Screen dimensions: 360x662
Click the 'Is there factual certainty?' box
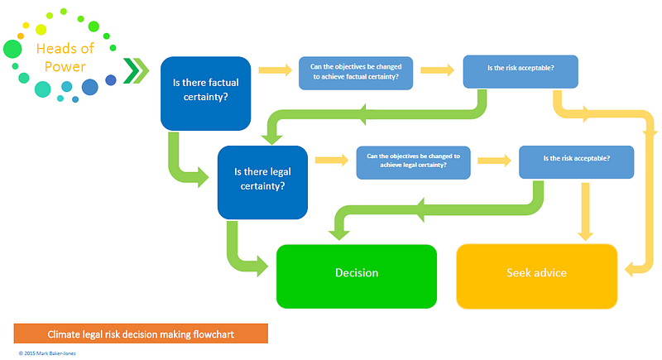pos(205,93)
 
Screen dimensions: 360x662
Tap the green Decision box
pos(357,273)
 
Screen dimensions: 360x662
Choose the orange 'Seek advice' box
pos(537,273)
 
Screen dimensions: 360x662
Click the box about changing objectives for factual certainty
pos(355,72)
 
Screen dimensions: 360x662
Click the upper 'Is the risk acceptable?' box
pos(520,71)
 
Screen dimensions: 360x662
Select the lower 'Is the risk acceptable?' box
pos(576,160)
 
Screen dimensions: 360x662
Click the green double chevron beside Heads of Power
pos(134,72)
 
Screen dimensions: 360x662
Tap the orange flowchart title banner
pos(141,334)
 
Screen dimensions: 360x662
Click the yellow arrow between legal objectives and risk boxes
pos(495,160)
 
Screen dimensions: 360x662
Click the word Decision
pos(357,273)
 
